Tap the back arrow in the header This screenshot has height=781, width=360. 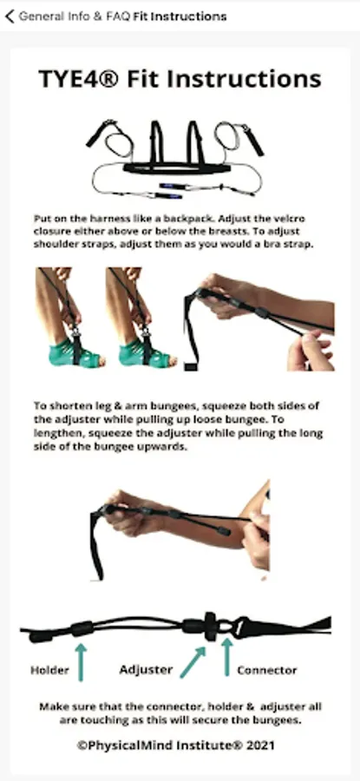tap(10, 16)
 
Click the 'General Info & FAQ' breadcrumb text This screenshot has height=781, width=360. tap(75, 16)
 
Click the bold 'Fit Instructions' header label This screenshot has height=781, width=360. tap(180, 16)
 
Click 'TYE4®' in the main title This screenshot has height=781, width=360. tap(79, 79)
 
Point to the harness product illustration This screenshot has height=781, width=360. tap(174, 159)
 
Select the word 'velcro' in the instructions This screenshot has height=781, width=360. tap(290, 219)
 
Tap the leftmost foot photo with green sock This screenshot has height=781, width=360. tap(69, 318)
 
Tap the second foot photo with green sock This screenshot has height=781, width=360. tap(141, 318)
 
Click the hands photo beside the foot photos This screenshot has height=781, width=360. tap(259, 321)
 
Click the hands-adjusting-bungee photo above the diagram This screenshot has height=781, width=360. tap(180, 530)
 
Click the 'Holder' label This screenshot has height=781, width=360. tap(49, 670)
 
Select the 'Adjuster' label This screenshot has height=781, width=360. tap(146, 669)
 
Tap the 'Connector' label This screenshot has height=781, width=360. tap(267, 670)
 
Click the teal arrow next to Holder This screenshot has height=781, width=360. tap(81, 662)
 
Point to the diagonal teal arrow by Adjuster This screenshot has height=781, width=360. tap(193, 662)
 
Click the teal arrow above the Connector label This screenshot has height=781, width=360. tap(227, 658)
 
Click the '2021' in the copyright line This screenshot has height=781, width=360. tap(259, 745)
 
